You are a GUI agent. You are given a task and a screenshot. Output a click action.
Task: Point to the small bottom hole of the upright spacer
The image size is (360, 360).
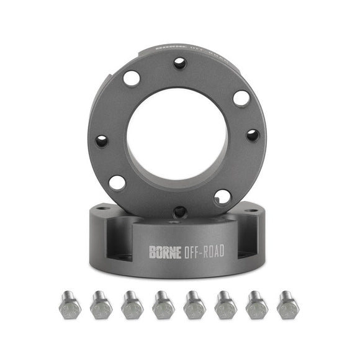pyautogui.click(x=179, y=211)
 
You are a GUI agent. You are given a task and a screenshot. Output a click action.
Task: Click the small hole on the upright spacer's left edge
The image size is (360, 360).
pyautogui.click(x=102, y=141)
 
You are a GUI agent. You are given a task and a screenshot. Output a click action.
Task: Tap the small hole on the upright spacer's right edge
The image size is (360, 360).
pyautogui.click(x=252, y=135)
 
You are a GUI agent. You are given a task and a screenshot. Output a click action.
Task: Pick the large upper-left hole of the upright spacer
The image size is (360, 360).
pyautogui.click(x=132, y=78)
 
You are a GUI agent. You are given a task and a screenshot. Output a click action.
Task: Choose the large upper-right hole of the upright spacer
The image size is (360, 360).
pyautogui.click(x=241, y=98)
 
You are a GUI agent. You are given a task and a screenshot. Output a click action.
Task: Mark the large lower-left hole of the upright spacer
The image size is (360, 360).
pyautogui.click(x=117, y=182)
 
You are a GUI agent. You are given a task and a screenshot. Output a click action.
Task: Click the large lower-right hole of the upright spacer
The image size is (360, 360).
pyautogui.click(x=222, y=197)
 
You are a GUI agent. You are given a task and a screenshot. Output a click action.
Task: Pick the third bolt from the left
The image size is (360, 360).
pyautogui.click(x=132, y=305)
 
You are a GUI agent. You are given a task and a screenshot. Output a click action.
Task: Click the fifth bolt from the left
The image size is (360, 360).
pyautogui.click(x=194, y=305)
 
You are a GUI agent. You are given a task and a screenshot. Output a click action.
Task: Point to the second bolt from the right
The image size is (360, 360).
pyautogui.click(x=255, y=305)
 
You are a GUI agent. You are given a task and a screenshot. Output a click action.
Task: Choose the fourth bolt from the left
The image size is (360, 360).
pyautogui.click(x=163, y=305)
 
